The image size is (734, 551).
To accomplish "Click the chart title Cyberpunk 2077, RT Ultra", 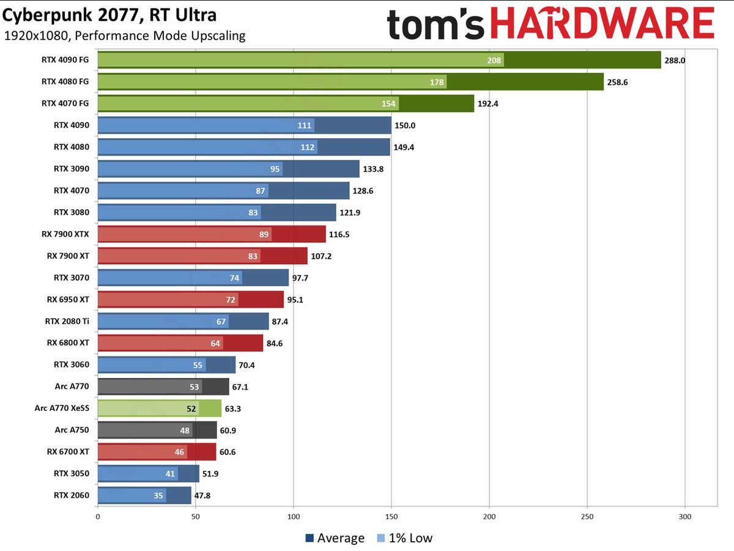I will [x=110, y=14].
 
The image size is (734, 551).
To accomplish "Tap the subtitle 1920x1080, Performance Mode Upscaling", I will [x=125, y=35].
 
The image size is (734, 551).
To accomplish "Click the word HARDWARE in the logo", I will [x=602, y=24].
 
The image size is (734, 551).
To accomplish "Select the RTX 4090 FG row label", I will [x=65, y=60].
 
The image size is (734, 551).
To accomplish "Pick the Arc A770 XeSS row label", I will [x=61, y=408].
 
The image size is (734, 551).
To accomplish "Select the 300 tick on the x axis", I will [x=685, y=516].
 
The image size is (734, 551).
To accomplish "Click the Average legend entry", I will [x=335, y=538].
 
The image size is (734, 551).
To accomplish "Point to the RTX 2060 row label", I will [x=71, y=495].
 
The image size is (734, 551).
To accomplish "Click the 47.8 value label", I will [x=205, y=496].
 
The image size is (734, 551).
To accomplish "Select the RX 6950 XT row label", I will [x=67, y=300].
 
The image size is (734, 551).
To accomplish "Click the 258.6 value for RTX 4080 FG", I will [x=617, y=82].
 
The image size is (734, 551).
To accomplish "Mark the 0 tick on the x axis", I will [x=98, y=516].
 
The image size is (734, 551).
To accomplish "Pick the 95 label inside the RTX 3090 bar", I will [x=275, y=169].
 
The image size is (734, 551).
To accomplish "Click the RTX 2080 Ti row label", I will [x=67, y=321].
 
